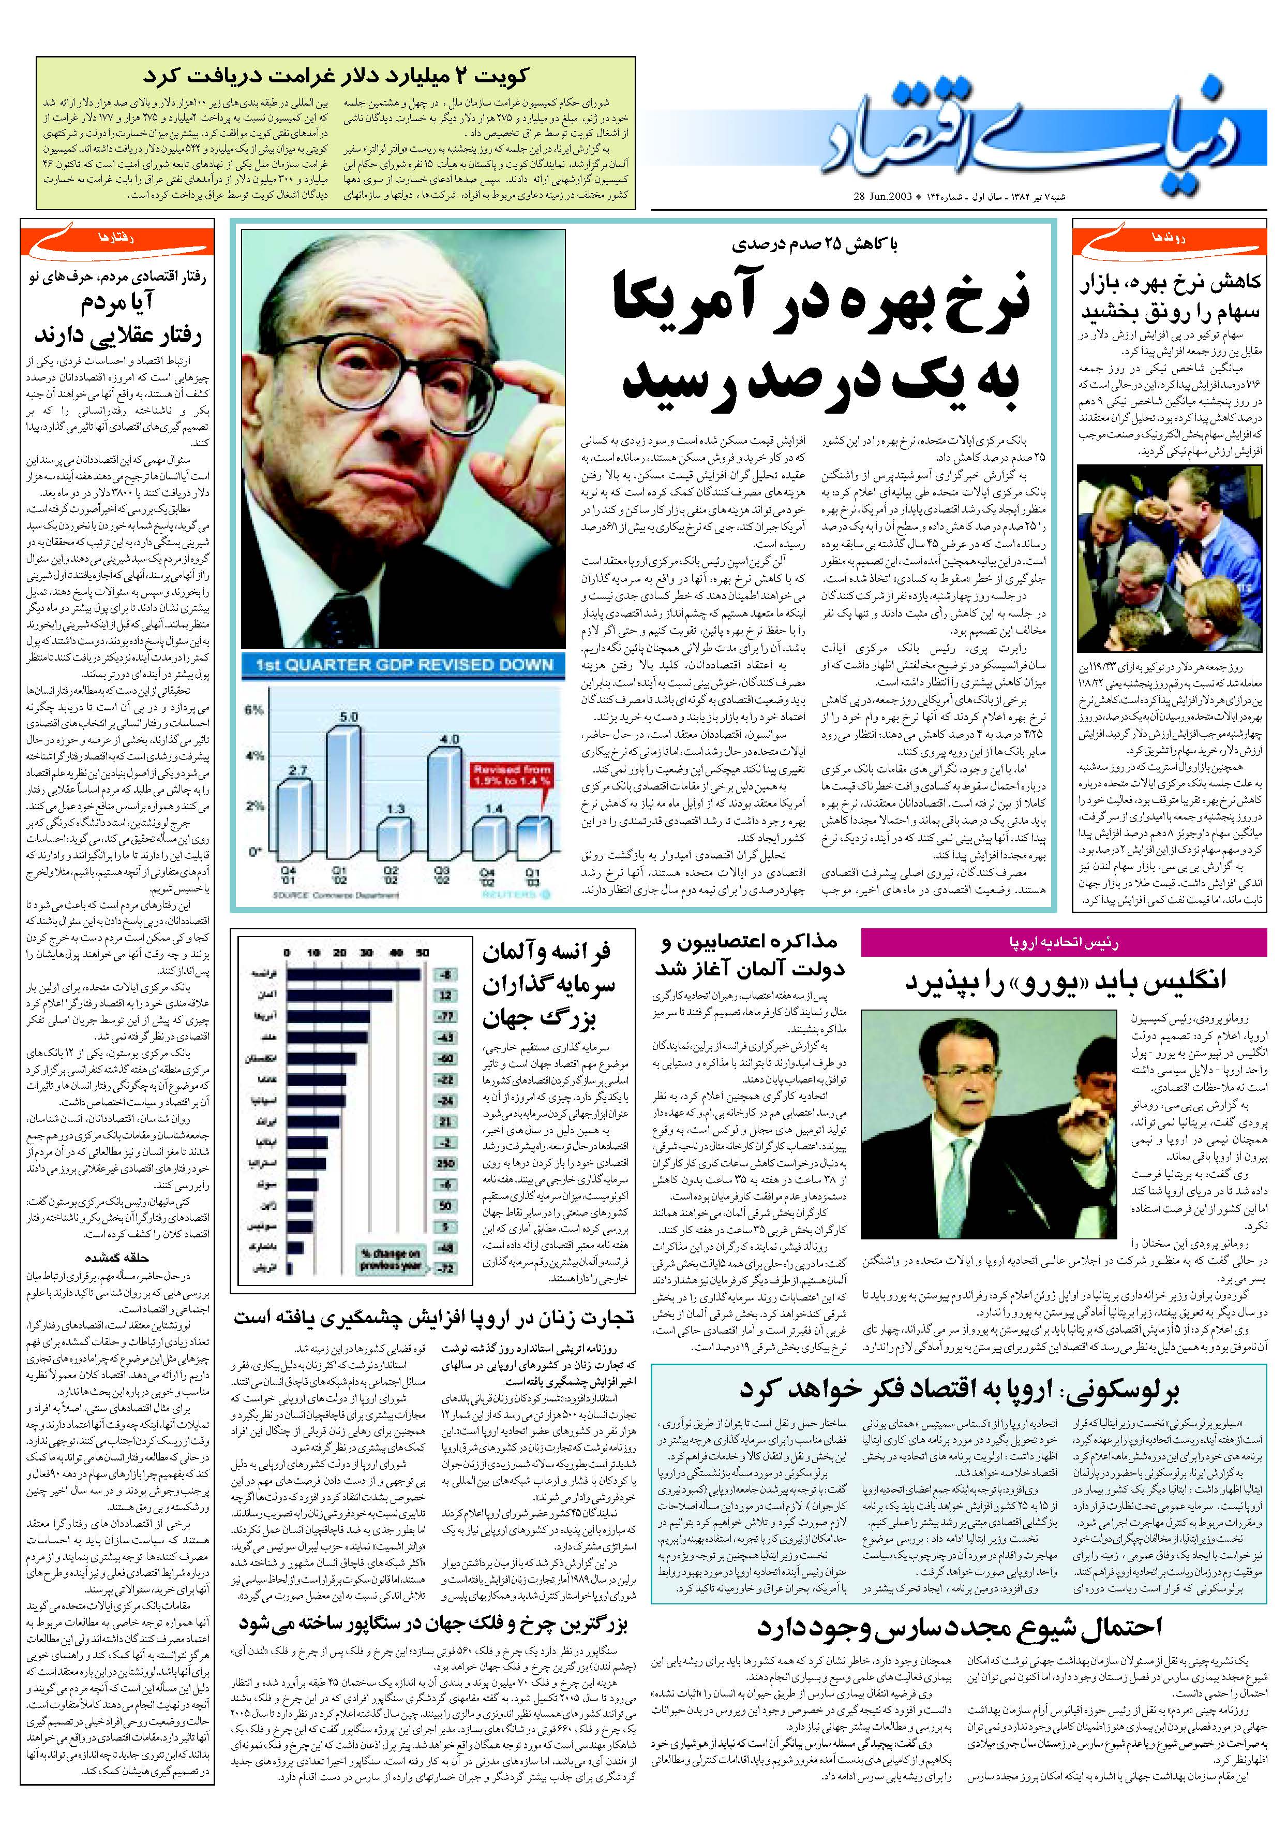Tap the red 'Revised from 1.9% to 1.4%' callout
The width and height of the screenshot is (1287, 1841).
pos(511,775)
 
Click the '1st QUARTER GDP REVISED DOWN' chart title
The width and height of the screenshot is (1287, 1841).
pos(404,665)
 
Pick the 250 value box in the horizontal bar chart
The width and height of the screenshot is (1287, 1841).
pos(445,1163)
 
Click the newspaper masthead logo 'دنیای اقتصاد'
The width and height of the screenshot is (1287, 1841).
pos(1034,136)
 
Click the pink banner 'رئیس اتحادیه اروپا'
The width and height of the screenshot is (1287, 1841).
pos(1064,943)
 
